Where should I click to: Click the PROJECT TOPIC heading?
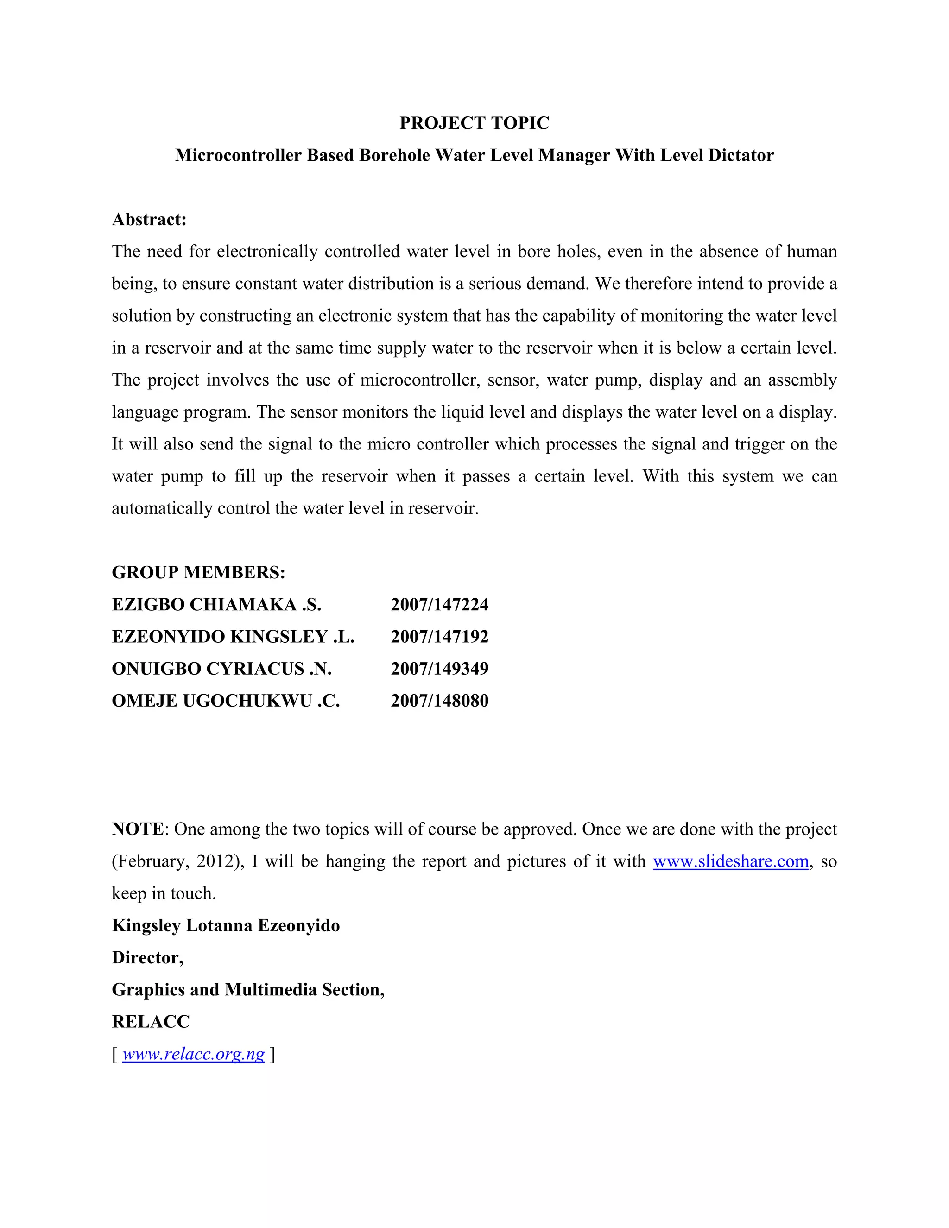(474, 123)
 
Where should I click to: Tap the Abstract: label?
(149, 219)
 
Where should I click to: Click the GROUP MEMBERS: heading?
(198, 572)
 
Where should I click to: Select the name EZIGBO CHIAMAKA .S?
(216, 604)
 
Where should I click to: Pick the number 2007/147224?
(440, 604)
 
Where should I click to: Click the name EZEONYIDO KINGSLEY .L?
(233, 637)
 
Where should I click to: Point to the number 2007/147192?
(440, 637)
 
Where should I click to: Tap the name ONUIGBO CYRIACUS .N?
(221, 669)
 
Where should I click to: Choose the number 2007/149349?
(440, 669)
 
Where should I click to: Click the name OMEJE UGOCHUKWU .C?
(226, 701)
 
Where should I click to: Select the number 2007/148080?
(440, 701)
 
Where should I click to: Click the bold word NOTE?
(138, 829)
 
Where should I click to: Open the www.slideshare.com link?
(730, 861)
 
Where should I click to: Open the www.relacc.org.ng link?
(193, 1054)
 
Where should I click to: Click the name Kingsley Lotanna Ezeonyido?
(226, 925)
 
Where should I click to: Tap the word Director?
(147, 957)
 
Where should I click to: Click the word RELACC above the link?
(151, 1022)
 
